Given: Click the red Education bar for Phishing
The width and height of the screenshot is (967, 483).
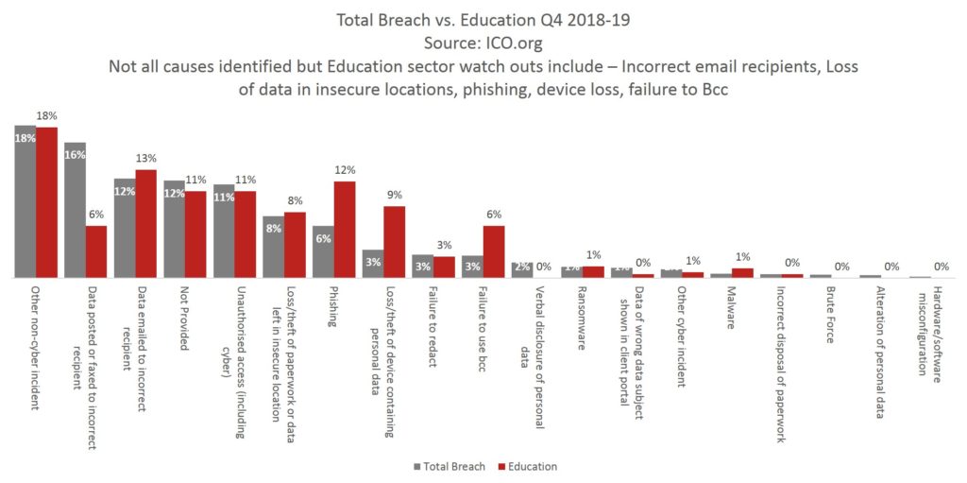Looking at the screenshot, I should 344,230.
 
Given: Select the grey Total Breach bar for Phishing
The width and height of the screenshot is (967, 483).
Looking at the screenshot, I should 323,252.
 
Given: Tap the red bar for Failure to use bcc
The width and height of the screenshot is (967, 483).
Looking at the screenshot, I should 493,252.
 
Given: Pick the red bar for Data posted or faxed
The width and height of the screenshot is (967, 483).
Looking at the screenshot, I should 96,252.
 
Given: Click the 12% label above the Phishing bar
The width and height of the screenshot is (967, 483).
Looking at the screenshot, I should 345,170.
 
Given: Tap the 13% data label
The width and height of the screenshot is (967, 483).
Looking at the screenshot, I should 146,159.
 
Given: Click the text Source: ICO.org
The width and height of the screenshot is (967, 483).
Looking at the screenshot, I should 483,42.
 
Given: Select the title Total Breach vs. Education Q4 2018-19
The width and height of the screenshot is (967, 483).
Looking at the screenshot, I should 483,18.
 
